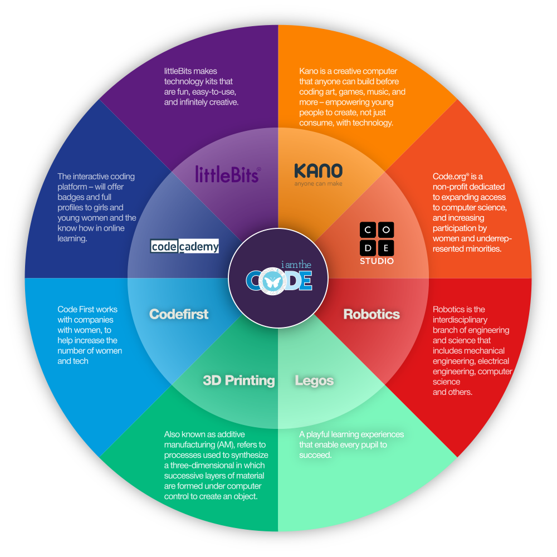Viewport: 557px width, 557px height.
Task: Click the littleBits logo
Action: pyautogui.click(x=228, y=174)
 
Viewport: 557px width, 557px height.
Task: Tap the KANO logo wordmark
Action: pyautogui.click(x=318, y=171)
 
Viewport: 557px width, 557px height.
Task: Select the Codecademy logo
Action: pyautogui.click(x=184, y=246)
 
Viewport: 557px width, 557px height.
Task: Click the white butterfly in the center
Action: pyautogui.click(x=272, y=282)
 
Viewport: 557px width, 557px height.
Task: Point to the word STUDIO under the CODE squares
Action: pyautogui.click(x=377, y=261)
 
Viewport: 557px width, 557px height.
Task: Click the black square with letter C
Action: pyautogui.click(x=368, y=230)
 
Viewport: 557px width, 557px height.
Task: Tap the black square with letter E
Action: pyautogui.click(x=386, y=248)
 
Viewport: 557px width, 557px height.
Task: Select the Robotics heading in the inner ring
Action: pyautogui.click(x=372, y=314)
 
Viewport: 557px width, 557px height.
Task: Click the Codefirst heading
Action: pyautogui.click(x=179, y=314)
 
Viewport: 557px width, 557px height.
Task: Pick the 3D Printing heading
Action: pyautogui.click(x=239, y=380)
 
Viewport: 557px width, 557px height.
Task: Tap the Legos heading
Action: pyautogui.click(x=314, y=380)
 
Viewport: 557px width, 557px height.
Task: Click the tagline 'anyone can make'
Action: pyautogui.click(x=318, y=184)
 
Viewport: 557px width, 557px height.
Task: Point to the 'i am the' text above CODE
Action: pyautogui.click(x=296, y=265)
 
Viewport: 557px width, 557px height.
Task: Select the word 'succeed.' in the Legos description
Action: pyautogui.click(x=315, y=455)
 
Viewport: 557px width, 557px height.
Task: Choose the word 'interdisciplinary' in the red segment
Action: pyautogui.click(x=460, y=320)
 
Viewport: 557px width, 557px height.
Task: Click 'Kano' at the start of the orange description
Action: pyautogui.click(x=307, y=71)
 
